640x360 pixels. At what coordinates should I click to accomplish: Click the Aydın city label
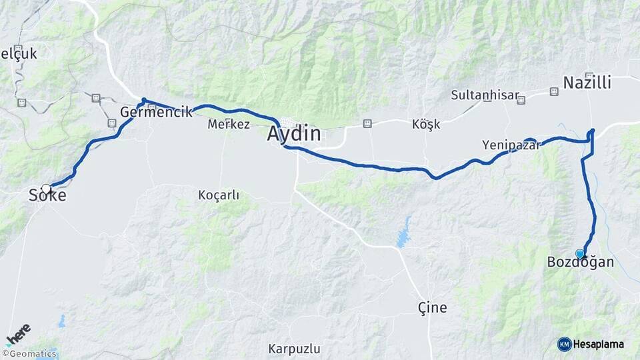(x=293, y=134)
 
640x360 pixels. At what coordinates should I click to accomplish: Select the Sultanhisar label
(x=485, y=95)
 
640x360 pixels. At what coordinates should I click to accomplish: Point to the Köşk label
(x=426, y=125)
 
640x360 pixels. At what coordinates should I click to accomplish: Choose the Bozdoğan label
(x=580, y=262)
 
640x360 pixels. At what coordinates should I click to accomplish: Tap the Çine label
(x=432, y=307)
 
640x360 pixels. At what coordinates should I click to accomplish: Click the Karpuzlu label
(x=294, y=349)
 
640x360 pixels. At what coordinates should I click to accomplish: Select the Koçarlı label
(x=218, y=195)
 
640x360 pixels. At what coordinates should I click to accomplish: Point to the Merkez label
(x=229, y=124)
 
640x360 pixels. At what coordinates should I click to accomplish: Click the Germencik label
(x=156, y=111)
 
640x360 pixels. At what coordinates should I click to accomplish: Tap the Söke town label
(x=47, y=195)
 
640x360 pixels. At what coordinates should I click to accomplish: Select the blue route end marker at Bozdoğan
(x=580, y=253)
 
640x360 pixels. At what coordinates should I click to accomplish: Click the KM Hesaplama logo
(x=591, y=344)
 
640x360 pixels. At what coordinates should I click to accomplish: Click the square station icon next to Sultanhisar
(x=521, y=101)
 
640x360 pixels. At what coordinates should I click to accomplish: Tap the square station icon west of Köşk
(x=367, y=124)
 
